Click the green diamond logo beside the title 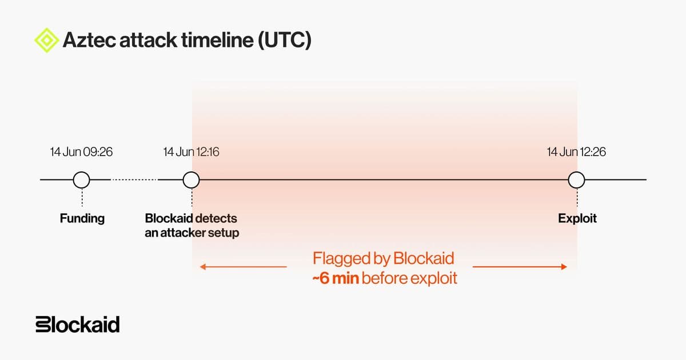tap(46, 40)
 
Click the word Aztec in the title tap(89, 40)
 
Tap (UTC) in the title tap(285, 40)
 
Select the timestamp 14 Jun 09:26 tap(81, 152)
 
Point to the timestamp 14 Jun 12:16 tap(191, 152)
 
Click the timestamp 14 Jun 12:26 tap(576, 152)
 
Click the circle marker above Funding tap(81, 179)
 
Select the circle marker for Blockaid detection tap(191, 179)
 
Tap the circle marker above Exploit tap(576, 179)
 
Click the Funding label tap(82, 218)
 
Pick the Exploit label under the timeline tap(577, 218)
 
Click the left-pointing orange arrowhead tap(203, 267)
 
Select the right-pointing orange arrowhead tap(564, 267)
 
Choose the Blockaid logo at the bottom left tap(78, 324)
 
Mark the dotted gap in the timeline tap(134, 179)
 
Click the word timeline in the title tap(217, 40)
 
